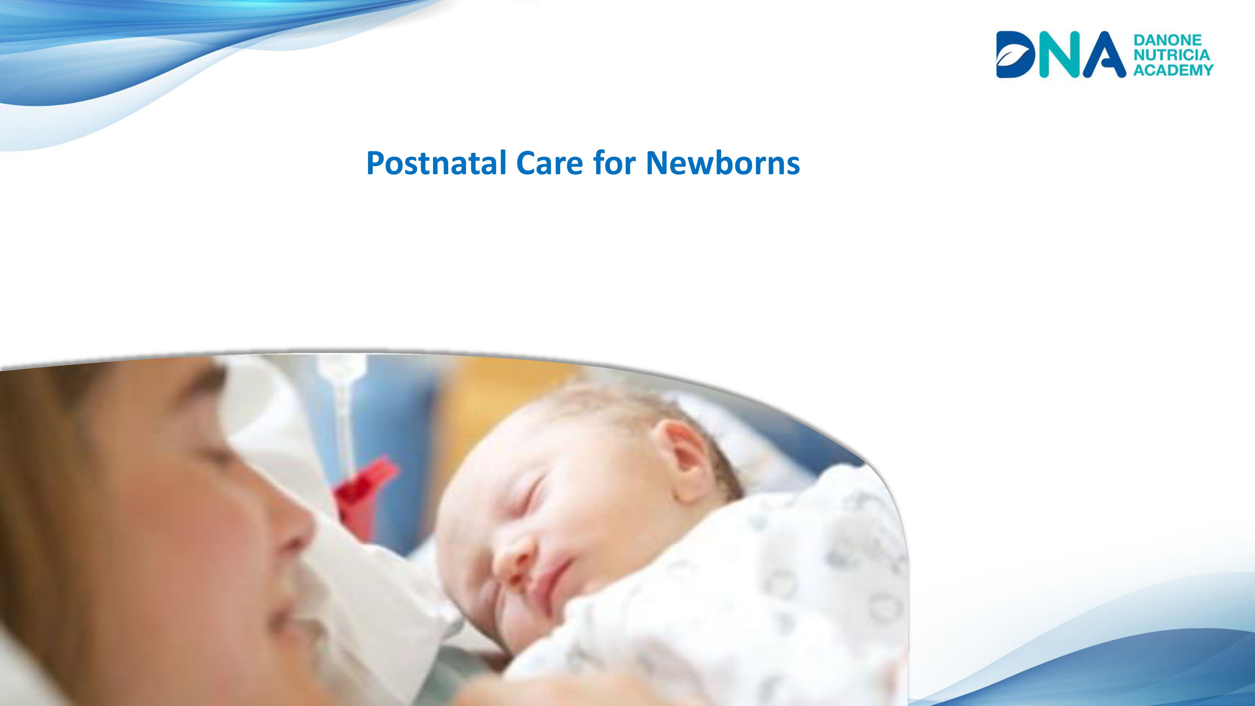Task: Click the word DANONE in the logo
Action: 1167,40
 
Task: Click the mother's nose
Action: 292,531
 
